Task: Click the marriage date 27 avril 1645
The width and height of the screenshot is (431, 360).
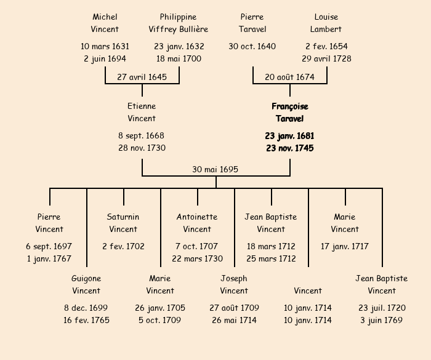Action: point(142,77)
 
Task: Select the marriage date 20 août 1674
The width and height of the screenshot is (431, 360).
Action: point(290,77)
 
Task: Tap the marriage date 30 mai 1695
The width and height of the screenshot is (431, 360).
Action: point(216,169)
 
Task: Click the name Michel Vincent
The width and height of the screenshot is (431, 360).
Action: point(105,23)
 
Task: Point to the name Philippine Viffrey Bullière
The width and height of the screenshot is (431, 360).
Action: point(179,23)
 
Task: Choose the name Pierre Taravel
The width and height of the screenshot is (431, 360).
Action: point(252,23)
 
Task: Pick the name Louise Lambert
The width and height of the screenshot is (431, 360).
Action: point(326,23)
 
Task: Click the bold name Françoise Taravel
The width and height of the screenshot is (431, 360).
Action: point(289,113)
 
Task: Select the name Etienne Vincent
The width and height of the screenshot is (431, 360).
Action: point(142,113)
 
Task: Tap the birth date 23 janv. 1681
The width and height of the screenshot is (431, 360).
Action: point(289,135)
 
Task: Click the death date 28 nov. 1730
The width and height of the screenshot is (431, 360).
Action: point(142,148)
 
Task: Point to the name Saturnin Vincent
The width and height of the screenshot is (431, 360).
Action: point(123,223)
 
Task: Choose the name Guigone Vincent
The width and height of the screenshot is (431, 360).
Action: point(86,284)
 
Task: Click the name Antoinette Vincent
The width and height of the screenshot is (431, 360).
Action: point(197,223)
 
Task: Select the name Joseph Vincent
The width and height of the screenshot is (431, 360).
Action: point(234,284)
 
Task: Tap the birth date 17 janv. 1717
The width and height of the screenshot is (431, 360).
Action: point(345,246)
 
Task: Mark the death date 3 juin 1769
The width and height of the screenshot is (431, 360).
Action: point(382,320)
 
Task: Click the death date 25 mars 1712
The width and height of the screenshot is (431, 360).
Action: point(271,258)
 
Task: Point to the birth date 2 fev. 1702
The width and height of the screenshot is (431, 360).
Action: point(123,246)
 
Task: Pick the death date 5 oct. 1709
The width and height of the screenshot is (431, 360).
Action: point(160,320)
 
